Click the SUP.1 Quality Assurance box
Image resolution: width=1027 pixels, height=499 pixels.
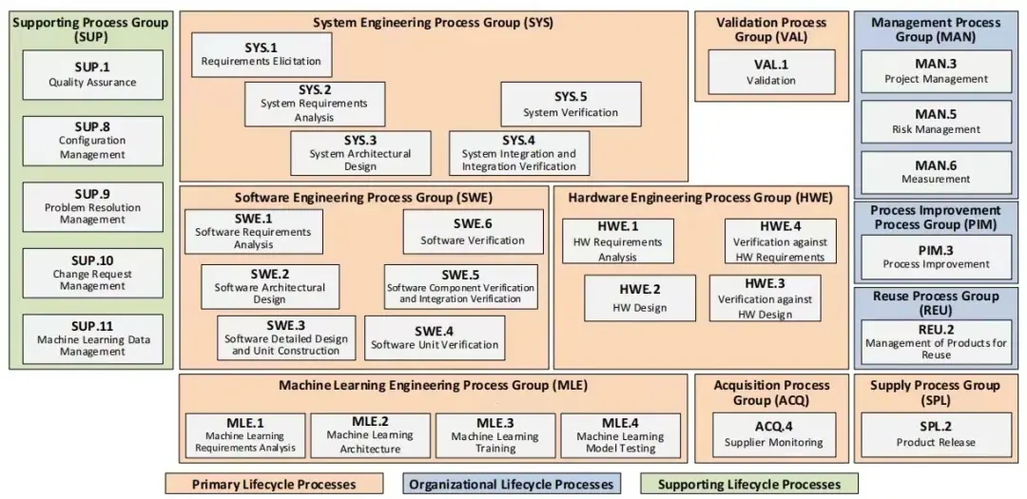pos(93,75)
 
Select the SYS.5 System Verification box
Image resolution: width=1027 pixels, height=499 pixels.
pos(571,105)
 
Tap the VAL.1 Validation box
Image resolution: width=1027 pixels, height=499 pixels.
pos(771,72)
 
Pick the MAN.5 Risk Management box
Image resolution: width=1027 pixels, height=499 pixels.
pos(936,122)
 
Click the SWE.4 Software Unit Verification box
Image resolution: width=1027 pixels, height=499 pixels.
pos(435,338)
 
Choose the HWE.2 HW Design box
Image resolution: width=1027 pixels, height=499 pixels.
pos(640,297)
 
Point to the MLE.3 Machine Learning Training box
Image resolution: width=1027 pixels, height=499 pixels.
pos(495,435)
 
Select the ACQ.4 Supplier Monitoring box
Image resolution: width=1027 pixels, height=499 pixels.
pos(773,434)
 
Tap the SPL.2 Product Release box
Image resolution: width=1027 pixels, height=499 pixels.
pos(936,434)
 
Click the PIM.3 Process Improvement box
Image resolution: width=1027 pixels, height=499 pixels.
pos(936,258)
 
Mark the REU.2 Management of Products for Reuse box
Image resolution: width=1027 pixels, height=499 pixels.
pos(936,342)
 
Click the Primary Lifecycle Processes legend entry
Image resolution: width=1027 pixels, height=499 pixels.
pos(274,485)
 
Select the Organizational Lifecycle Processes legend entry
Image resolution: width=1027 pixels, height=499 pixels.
pos(512,485)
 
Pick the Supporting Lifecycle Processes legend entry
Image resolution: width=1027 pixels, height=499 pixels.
pos(748,485)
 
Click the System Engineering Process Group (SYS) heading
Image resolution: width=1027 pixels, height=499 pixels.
pos(433,23)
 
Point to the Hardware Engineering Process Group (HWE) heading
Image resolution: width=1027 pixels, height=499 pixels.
pos(700,197)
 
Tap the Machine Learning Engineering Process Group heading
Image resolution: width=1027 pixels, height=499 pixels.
pos(433,386)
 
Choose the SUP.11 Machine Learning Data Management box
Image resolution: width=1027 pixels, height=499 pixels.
pos(93,339)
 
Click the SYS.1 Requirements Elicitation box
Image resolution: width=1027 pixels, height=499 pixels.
pos(262,55)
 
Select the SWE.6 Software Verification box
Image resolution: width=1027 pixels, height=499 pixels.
pos(473,232)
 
